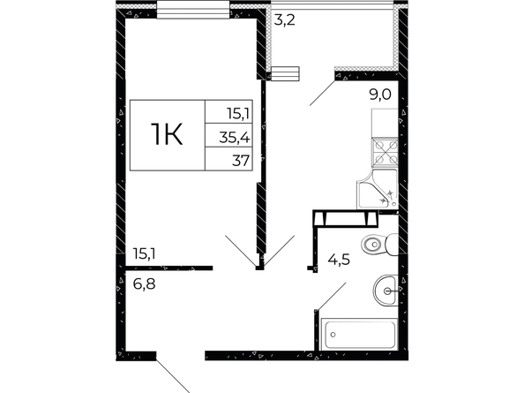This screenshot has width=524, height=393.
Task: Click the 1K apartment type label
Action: tap(167, 134)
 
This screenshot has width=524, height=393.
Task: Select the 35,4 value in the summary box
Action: tap(235, 138)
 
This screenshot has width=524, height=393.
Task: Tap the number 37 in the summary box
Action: tap(241, 161)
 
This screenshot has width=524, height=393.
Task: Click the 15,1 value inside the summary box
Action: tap(238, 114)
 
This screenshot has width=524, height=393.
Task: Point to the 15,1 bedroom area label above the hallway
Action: tap(144, 253)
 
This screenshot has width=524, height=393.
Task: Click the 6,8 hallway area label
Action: tap(144, 284)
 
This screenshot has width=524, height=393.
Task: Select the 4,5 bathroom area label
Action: tap(339, 260)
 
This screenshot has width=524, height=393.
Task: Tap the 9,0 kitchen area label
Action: tap(380, 94)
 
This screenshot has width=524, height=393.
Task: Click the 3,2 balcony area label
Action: tap(284, 20)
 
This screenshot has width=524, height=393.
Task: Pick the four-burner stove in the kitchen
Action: tap(385, 152)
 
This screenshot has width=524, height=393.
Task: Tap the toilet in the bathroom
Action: tap(380, 245)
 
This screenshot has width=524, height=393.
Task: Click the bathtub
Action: tap(359, 335)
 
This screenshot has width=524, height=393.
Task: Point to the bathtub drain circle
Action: tap(333, 334)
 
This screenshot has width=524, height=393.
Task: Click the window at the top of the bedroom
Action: tap(193, 10)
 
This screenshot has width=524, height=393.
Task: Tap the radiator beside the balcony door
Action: tap(285, 73)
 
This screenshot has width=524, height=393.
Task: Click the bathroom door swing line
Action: tap(333, 297)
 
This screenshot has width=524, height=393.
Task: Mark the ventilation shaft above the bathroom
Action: tap(346, 219)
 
